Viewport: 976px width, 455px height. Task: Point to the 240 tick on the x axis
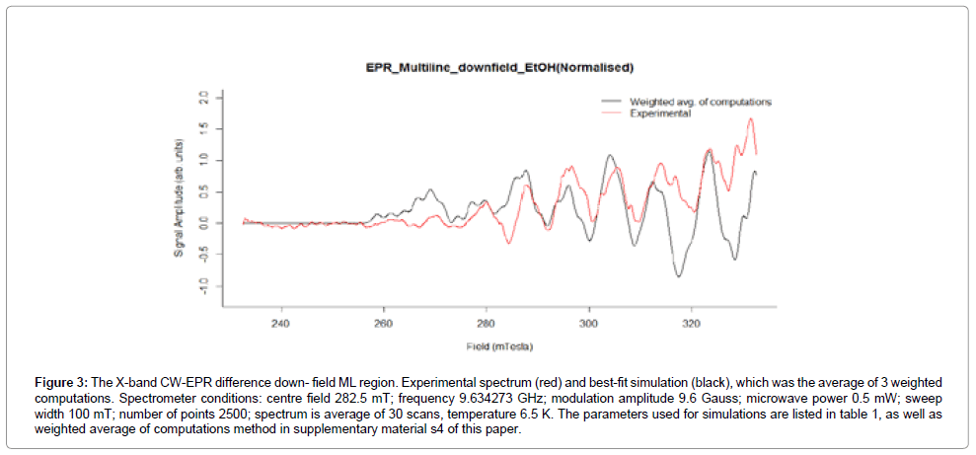pyautogui.click(x=281, y=322)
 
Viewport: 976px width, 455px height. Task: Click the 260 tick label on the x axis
pyautogui.click(x=384, y=322)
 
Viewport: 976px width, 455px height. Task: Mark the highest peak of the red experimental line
pyautogui.click(x=751, y=119)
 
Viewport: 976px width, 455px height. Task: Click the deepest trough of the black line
pyautogui.click(x=678, y=276)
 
